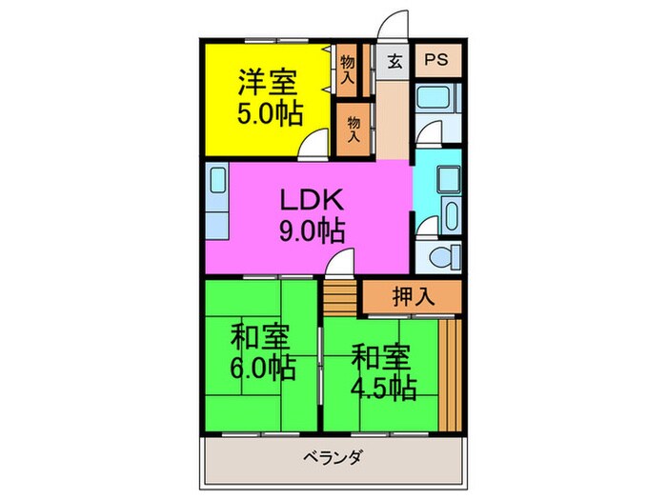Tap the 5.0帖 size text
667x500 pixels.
270,114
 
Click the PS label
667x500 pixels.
435,59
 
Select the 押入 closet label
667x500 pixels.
413,296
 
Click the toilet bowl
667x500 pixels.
441,256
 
